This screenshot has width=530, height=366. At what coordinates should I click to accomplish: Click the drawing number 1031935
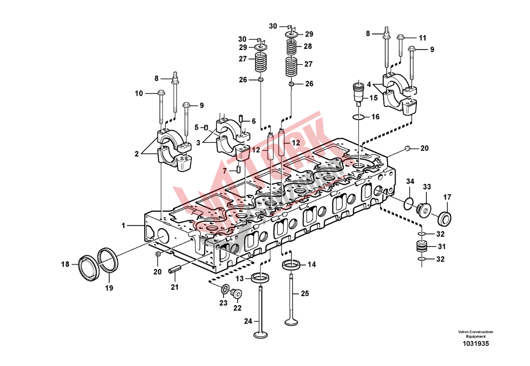coord(475,344)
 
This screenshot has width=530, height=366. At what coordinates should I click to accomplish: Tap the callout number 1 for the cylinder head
coord(124,226)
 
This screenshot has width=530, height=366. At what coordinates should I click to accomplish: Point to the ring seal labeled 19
coord(108,259)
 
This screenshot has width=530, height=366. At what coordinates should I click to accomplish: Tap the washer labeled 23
coord(225,289)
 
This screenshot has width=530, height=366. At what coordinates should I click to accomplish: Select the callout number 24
coord(248,322)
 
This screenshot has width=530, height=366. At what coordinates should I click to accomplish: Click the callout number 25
coord(305,293)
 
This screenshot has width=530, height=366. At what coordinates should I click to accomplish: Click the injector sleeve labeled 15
coord(359,93)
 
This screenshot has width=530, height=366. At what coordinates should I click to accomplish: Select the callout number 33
coord(427,187)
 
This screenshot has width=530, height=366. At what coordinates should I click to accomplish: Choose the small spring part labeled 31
coord(422,246)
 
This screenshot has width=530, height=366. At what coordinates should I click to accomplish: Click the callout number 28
coord(308,47)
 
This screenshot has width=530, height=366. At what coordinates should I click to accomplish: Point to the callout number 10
coord(139,93)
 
